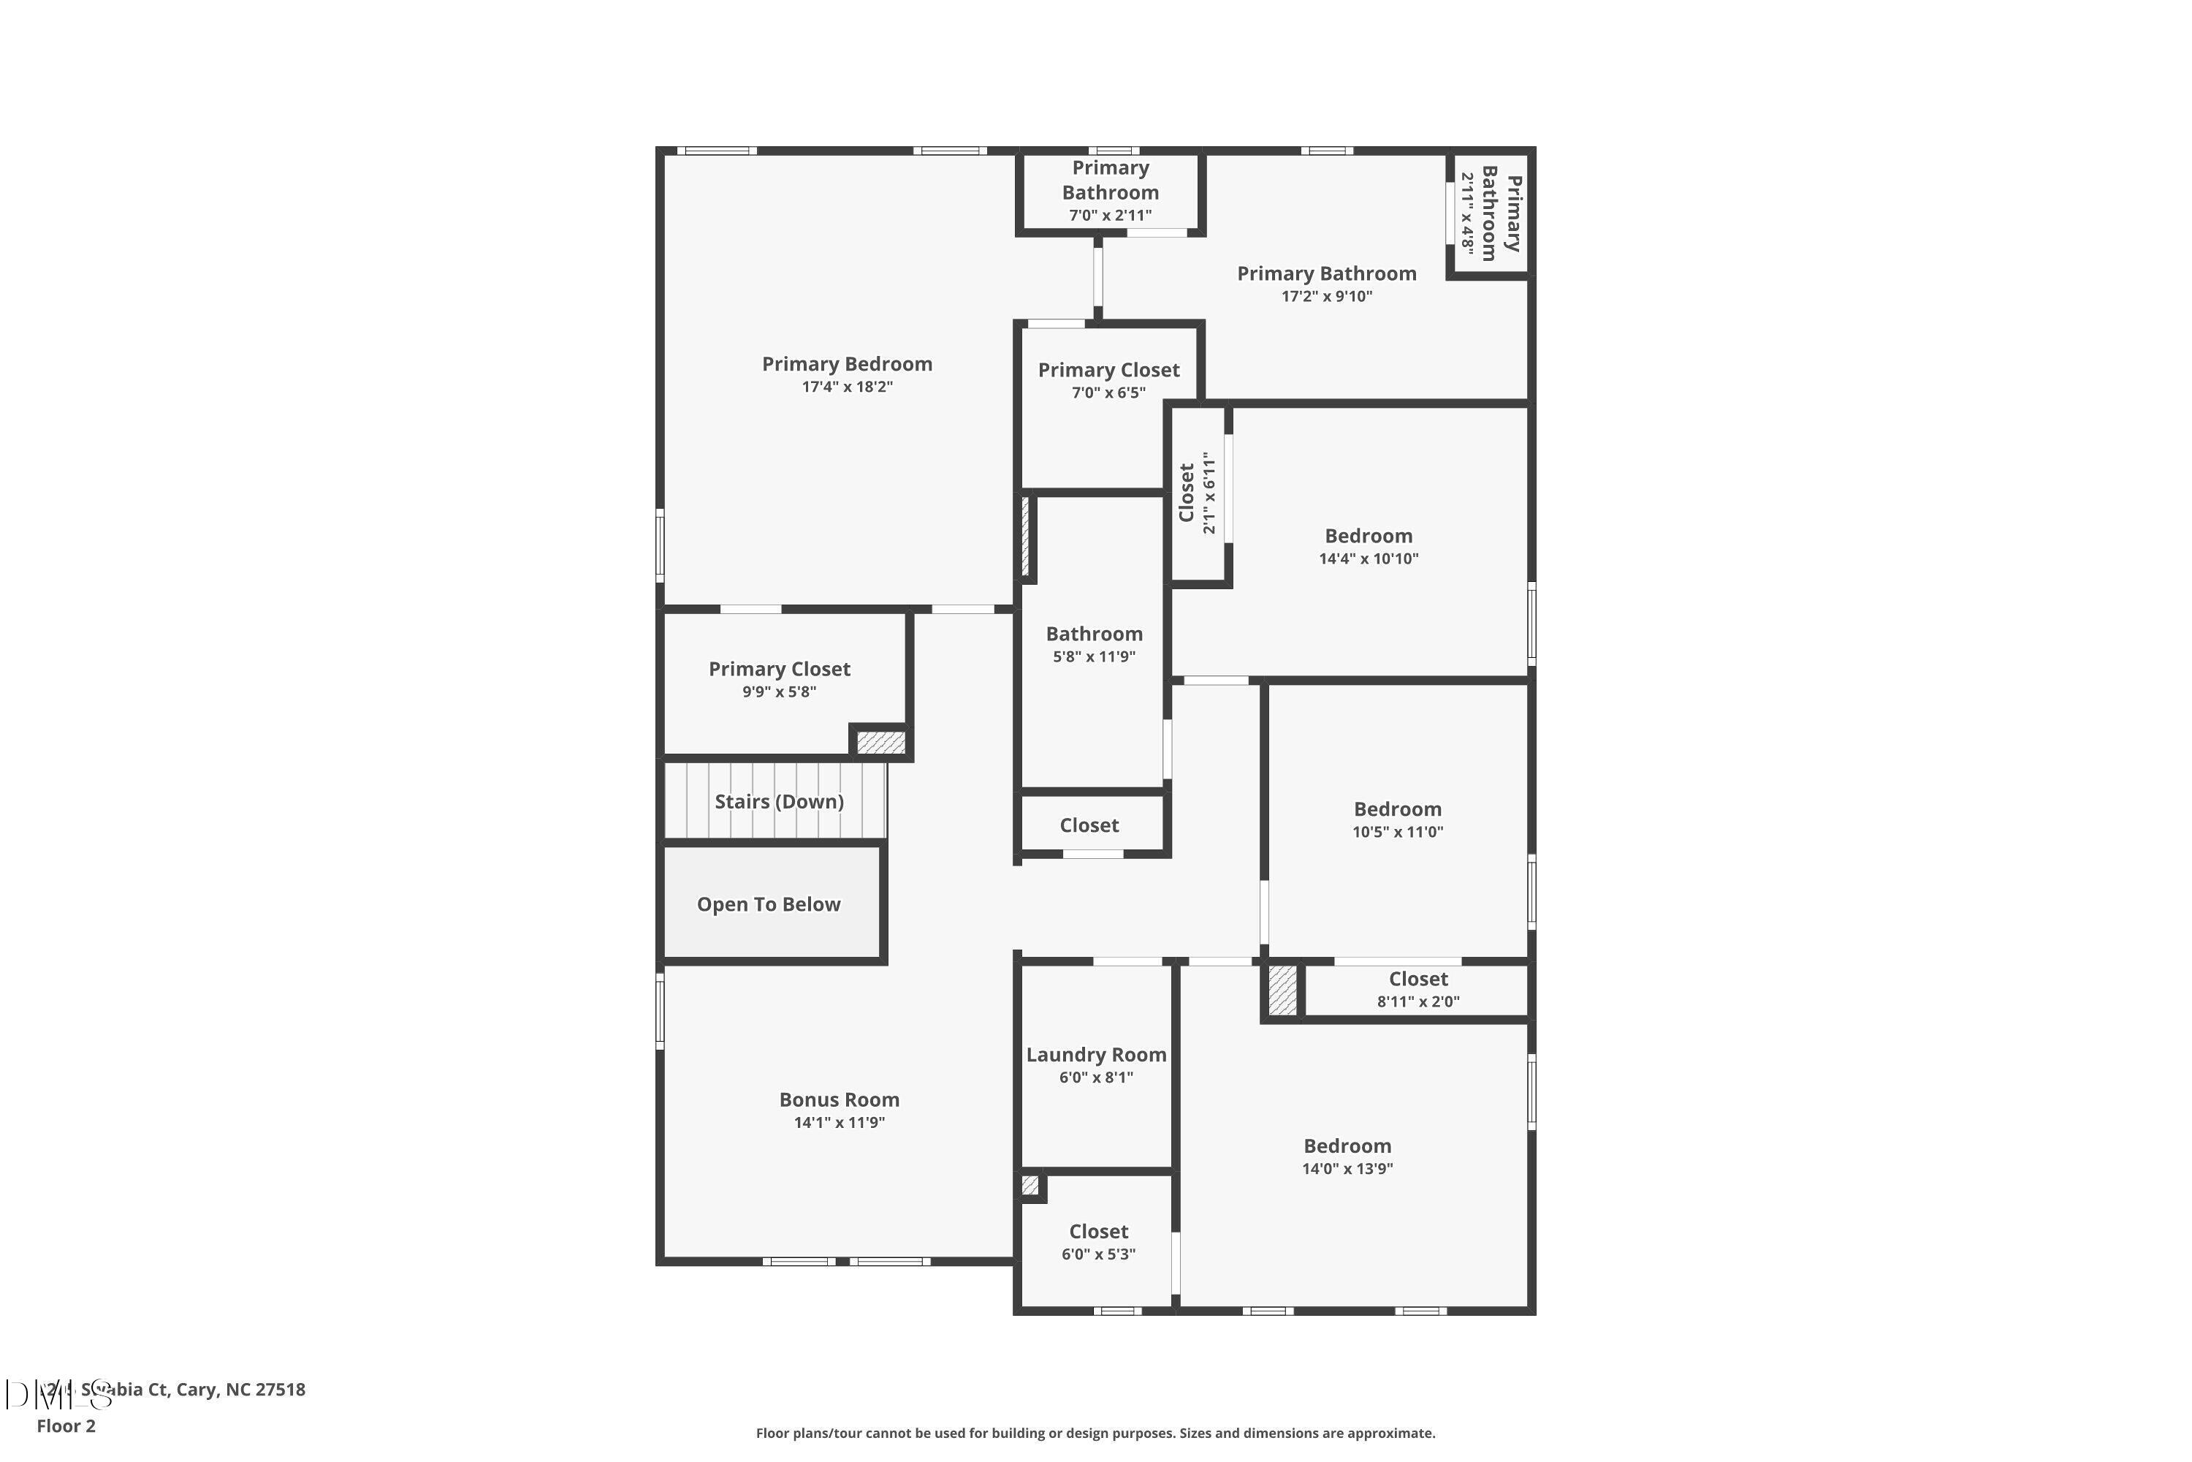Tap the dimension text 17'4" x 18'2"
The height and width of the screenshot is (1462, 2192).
pos(846,387)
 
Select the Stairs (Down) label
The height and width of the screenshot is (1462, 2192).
pos(778,802)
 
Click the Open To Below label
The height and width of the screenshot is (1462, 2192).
pos(768,904)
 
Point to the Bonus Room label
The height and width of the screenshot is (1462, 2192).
pos(839,1100)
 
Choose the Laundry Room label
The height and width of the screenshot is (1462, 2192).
pos(1095,1055)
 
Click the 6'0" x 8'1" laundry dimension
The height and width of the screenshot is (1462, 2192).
pos(1095,1077)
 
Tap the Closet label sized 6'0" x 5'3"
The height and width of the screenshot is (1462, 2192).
pos(1098,1232)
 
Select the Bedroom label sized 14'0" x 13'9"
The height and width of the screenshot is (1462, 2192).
pos(1347,1146)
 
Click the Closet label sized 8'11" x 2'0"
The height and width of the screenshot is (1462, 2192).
pos(1417,979)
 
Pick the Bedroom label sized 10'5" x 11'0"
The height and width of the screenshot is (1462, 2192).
pos(1397,809)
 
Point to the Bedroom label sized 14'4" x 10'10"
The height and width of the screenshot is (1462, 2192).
pos(1368,536)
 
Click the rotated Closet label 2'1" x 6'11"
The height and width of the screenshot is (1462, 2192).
pos(1187,493)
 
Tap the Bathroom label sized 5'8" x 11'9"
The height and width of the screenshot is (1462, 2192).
pos(1093,634)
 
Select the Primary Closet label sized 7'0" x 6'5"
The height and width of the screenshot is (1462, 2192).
pos(1108,370)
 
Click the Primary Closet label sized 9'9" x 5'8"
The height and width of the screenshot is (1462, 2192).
pos(779,670)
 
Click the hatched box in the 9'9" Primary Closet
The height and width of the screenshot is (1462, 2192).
pos(880,742)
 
